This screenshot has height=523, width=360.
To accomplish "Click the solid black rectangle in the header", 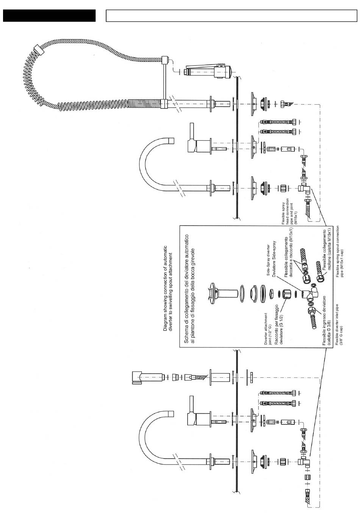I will pyautogui.click(x=49, y=16).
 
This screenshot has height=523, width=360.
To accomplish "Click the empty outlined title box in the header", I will pyautogui.click(x=231, y=16).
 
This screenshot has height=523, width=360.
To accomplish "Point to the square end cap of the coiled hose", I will pyautogui.click(x=37, y=50).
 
